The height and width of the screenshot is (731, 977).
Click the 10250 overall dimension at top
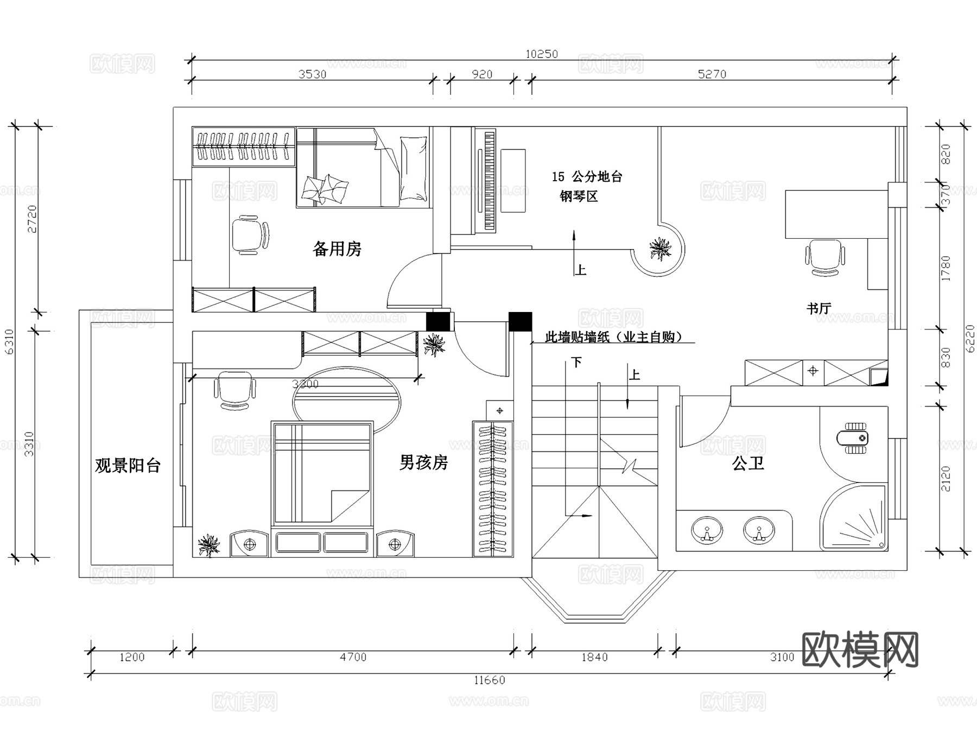point(541,54)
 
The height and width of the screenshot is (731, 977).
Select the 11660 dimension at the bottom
point(489,680)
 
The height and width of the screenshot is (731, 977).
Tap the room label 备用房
point(337,249)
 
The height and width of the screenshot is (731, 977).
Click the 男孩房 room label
point(423,462)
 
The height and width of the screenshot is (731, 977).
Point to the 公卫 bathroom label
point(748,463)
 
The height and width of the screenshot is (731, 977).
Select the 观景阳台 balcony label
point(128,466)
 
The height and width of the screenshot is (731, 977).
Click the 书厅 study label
point(819,308)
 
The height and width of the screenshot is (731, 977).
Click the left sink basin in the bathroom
point(706,530)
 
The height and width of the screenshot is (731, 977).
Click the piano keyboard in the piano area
point(489,181)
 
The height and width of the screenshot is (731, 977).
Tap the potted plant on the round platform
point(660,249)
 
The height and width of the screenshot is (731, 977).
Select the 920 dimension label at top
point(482,74)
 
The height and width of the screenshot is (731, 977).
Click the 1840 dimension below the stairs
point(594,657)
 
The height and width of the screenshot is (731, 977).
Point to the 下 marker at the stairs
point(576,362)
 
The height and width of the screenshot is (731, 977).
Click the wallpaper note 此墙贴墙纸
point(613,338)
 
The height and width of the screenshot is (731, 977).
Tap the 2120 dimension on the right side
point(946,479)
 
